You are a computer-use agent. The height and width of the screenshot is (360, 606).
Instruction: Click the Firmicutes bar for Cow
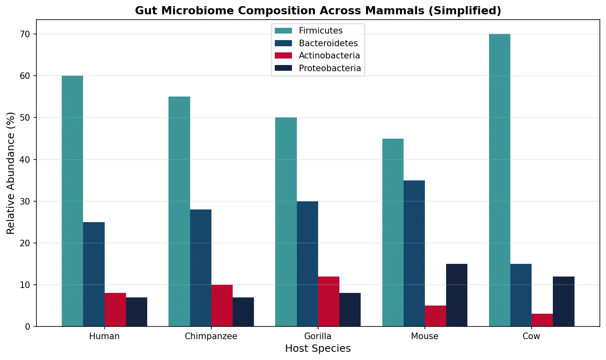[499, 180]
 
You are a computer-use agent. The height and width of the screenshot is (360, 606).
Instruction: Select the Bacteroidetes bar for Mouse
[414, 253]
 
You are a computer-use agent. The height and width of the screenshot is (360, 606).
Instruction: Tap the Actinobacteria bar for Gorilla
[329, 301]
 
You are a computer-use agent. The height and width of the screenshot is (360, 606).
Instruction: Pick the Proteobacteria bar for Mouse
[456, 295]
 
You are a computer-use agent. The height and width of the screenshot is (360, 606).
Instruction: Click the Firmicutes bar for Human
[72, 201]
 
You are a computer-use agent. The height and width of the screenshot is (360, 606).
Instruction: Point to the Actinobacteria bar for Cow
[542, 320]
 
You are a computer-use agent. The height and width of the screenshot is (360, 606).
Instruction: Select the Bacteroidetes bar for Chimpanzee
[201, 268]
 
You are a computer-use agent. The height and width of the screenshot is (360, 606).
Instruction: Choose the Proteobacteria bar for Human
[137, 312]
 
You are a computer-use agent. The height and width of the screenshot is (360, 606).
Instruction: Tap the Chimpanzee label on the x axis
[211, 336]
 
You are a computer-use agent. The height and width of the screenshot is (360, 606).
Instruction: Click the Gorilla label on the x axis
[318, 336]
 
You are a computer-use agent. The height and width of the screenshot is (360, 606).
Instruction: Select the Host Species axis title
[318, 349]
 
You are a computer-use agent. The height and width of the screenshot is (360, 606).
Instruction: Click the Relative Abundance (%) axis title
[11, 173]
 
